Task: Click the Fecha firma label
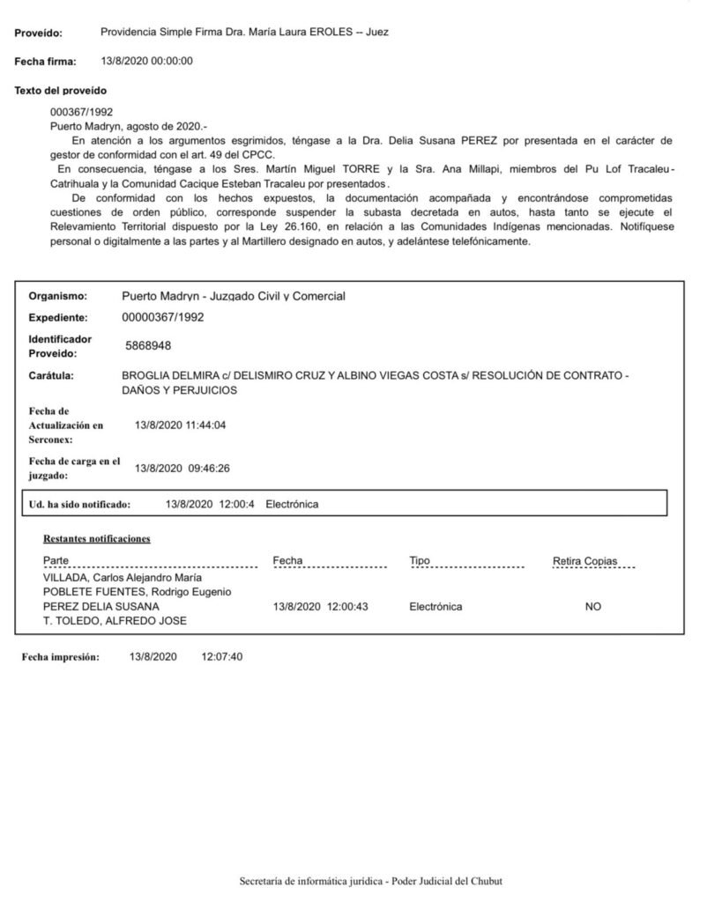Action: pyautogui.click(x=46, y=62)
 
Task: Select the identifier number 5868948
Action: pyautogui.click(x=149, y=346)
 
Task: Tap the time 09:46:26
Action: pyautogui.click(x=209, y=468)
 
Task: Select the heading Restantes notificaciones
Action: pyautogui.click(x=96, y=538)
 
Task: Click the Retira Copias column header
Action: pyautogui.click(x=584, y=560)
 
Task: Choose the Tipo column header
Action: pyautogui.click(x=419, y=560)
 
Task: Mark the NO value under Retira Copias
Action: pyautogui.click(x=593, y=607)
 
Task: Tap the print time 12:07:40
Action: pyautogui.click(x=221, y=657)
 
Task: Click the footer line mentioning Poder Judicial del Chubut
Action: pyautogui.click(x=370, y=881)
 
